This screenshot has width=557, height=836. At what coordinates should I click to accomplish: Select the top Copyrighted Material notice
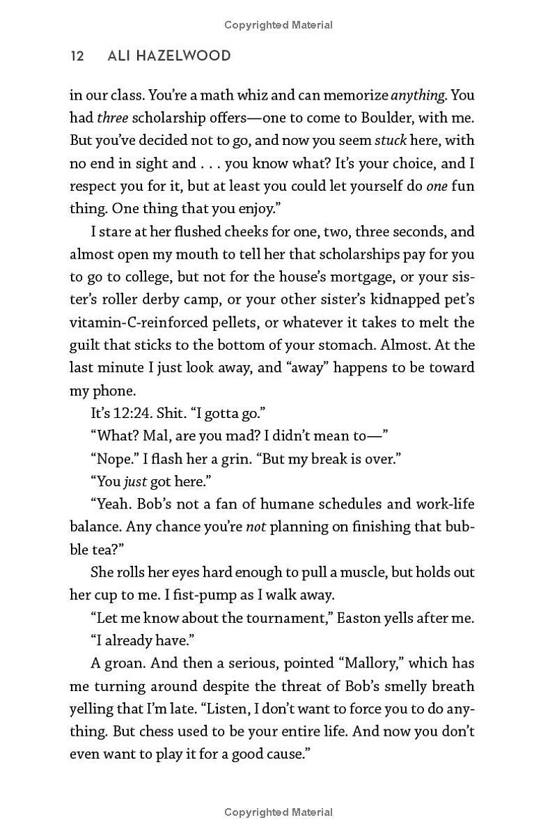coord(278,25)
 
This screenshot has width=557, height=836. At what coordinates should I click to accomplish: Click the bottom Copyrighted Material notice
coord(278,812)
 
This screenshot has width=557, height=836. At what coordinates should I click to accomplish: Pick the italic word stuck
coord(391,140)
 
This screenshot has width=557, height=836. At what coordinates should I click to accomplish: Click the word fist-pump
coord(192,595)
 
